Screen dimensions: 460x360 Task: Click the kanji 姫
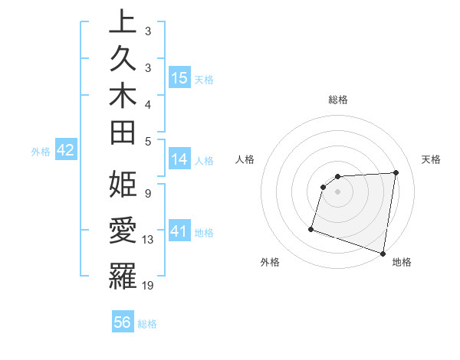pos(123,185)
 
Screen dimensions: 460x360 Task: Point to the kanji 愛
pos(123,231)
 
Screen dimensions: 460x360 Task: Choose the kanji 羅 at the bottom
pos(123,277)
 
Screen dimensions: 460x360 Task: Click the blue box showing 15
pos(179,77)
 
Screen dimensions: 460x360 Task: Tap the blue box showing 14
pos(179,159)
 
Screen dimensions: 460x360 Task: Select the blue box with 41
pos(179,231)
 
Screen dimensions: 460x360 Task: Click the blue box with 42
pos(65,150)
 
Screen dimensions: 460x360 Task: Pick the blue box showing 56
pos(123,322)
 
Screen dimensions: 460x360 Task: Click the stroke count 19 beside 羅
pos(149,286)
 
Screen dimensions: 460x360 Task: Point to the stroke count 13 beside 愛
pos(149,240)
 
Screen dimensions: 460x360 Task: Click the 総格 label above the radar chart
pos(338,100)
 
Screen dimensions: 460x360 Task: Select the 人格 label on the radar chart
pos(245,159)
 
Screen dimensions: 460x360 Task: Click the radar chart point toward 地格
pos(383,253)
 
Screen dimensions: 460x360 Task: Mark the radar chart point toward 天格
pos(396,173)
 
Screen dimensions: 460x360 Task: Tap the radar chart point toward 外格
pos(311,228)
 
